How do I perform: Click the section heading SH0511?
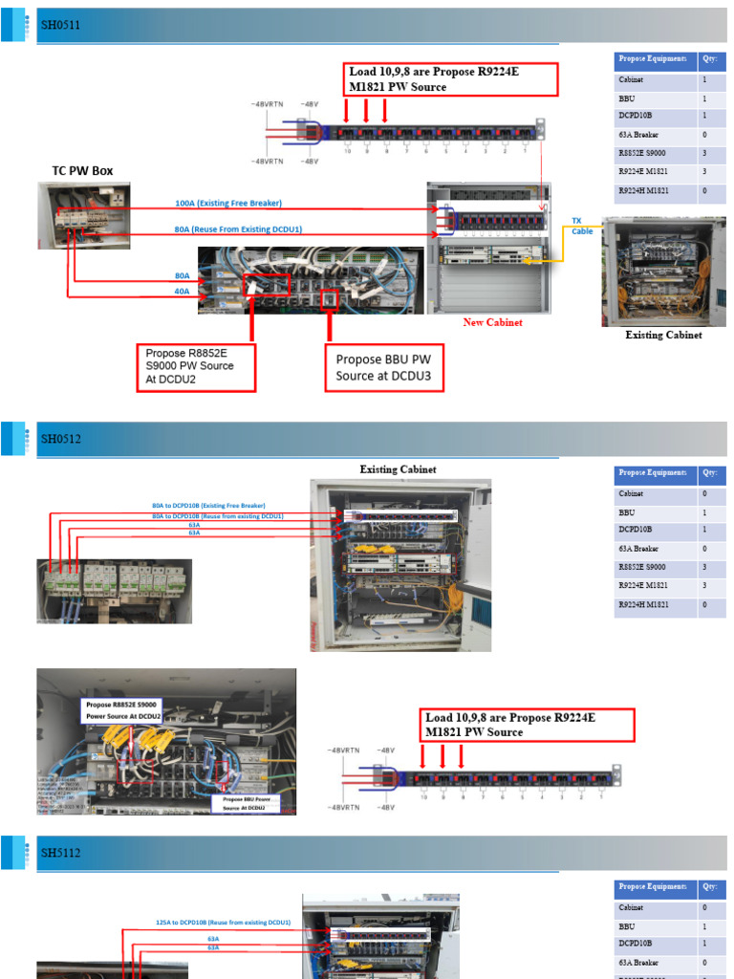point(60,26)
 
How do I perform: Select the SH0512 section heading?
point(60,439)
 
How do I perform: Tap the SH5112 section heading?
point(60,854)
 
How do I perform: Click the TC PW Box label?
point(82,171)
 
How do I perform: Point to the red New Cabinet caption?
point(492,323)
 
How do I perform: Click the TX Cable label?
point(582,226)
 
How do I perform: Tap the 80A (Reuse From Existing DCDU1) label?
point(238,229)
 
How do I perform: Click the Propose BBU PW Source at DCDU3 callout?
point(383,368)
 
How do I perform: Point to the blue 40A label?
point(182,292)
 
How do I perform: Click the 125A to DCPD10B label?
point(223,923)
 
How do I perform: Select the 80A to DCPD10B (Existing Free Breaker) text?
point(208,505)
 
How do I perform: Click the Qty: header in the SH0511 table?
point(709,59)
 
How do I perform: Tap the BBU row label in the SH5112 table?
point(627,926)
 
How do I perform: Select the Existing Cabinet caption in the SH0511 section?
point(663,336)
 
